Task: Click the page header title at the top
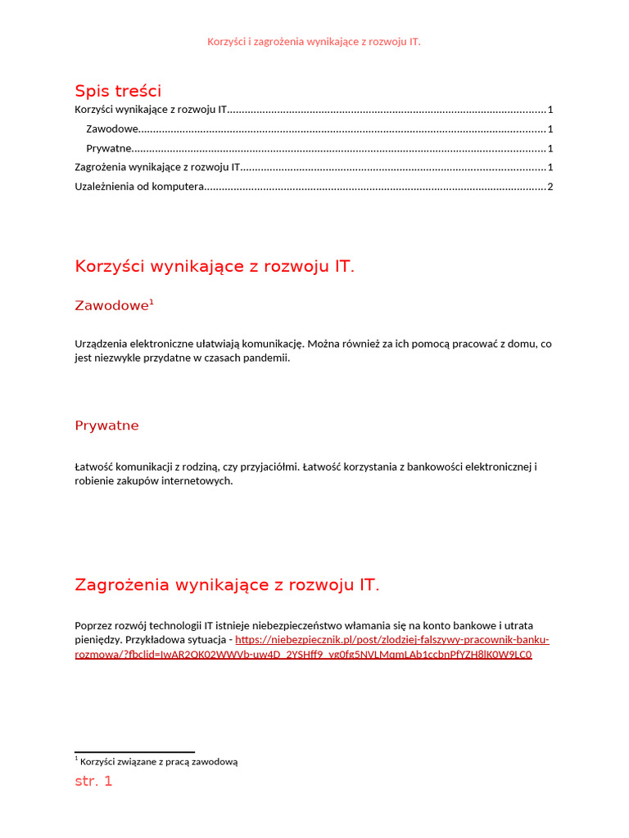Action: (314, 41)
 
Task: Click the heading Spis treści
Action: (118, 90)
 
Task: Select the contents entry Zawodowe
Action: (112, 128)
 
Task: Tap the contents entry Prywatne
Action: (109, 148)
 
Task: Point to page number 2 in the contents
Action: (550, 187)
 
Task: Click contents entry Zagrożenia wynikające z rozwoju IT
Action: (157, 167)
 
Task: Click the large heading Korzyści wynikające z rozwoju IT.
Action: (215, 266)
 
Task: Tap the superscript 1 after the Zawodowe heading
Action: (152, 302)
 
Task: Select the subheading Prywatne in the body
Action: (106, 426)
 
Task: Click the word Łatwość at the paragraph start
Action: (94, 466)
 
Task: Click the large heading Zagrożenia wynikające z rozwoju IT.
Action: (227, 584)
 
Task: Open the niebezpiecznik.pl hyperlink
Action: (391, 640)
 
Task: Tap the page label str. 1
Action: (93, 781)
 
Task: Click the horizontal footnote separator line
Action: (134, 751)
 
